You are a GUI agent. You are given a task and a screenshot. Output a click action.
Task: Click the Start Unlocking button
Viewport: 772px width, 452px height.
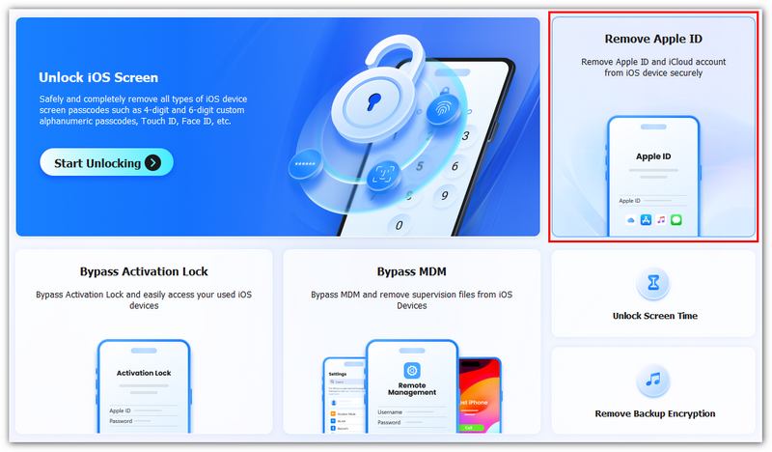pyautogui.click(x=106, y=162)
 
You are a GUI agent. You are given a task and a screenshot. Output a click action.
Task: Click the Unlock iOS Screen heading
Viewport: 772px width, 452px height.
pyautogui.click(x=98, y=77)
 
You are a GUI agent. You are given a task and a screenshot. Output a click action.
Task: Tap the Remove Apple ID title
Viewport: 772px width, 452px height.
pyautogui.click(x=653, y=40)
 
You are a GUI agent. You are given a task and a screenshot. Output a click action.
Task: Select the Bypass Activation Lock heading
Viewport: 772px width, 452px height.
pyautogui.click(x=144, y=271)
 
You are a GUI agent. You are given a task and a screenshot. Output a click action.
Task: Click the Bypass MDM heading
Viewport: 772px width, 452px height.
pyautogui.click(x=412, y=271)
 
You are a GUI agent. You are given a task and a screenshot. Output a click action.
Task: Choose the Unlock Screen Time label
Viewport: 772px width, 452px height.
pyautogui.click(x=653, y=316)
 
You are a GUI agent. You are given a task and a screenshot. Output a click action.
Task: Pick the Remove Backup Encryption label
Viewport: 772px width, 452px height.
pyautogui.click(x=653, y=413)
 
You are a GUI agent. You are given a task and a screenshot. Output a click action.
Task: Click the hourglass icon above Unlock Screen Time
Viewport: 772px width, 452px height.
pyautogui.click(x=653, y=284)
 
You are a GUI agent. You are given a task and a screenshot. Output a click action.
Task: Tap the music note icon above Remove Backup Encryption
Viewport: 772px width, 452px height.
pyautogui.click(x=653, y=381)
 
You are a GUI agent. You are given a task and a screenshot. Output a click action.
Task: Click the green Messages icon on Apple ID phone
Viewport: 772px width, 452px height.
pyautogui.click(x=676, y=220)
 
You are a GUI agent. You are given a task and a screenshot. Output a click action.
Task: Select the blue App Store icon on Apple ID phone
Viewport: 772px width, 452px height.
pyautogui.click(x=647, y=220)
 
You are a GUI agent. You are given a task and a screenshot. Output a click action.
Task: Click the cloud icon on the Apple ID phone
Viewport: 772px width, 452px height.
pyautogui.click(x=631, y=220)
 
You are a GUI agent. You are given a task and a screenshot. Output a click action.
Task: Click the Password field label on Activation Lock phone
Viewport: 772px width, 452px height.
pyautogui.click(x=121, y=421)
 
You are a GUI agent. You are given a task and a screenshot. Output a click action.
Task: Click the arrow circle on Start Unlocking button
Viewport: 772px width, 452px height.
pyautogui.click(x=153, y=162)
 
